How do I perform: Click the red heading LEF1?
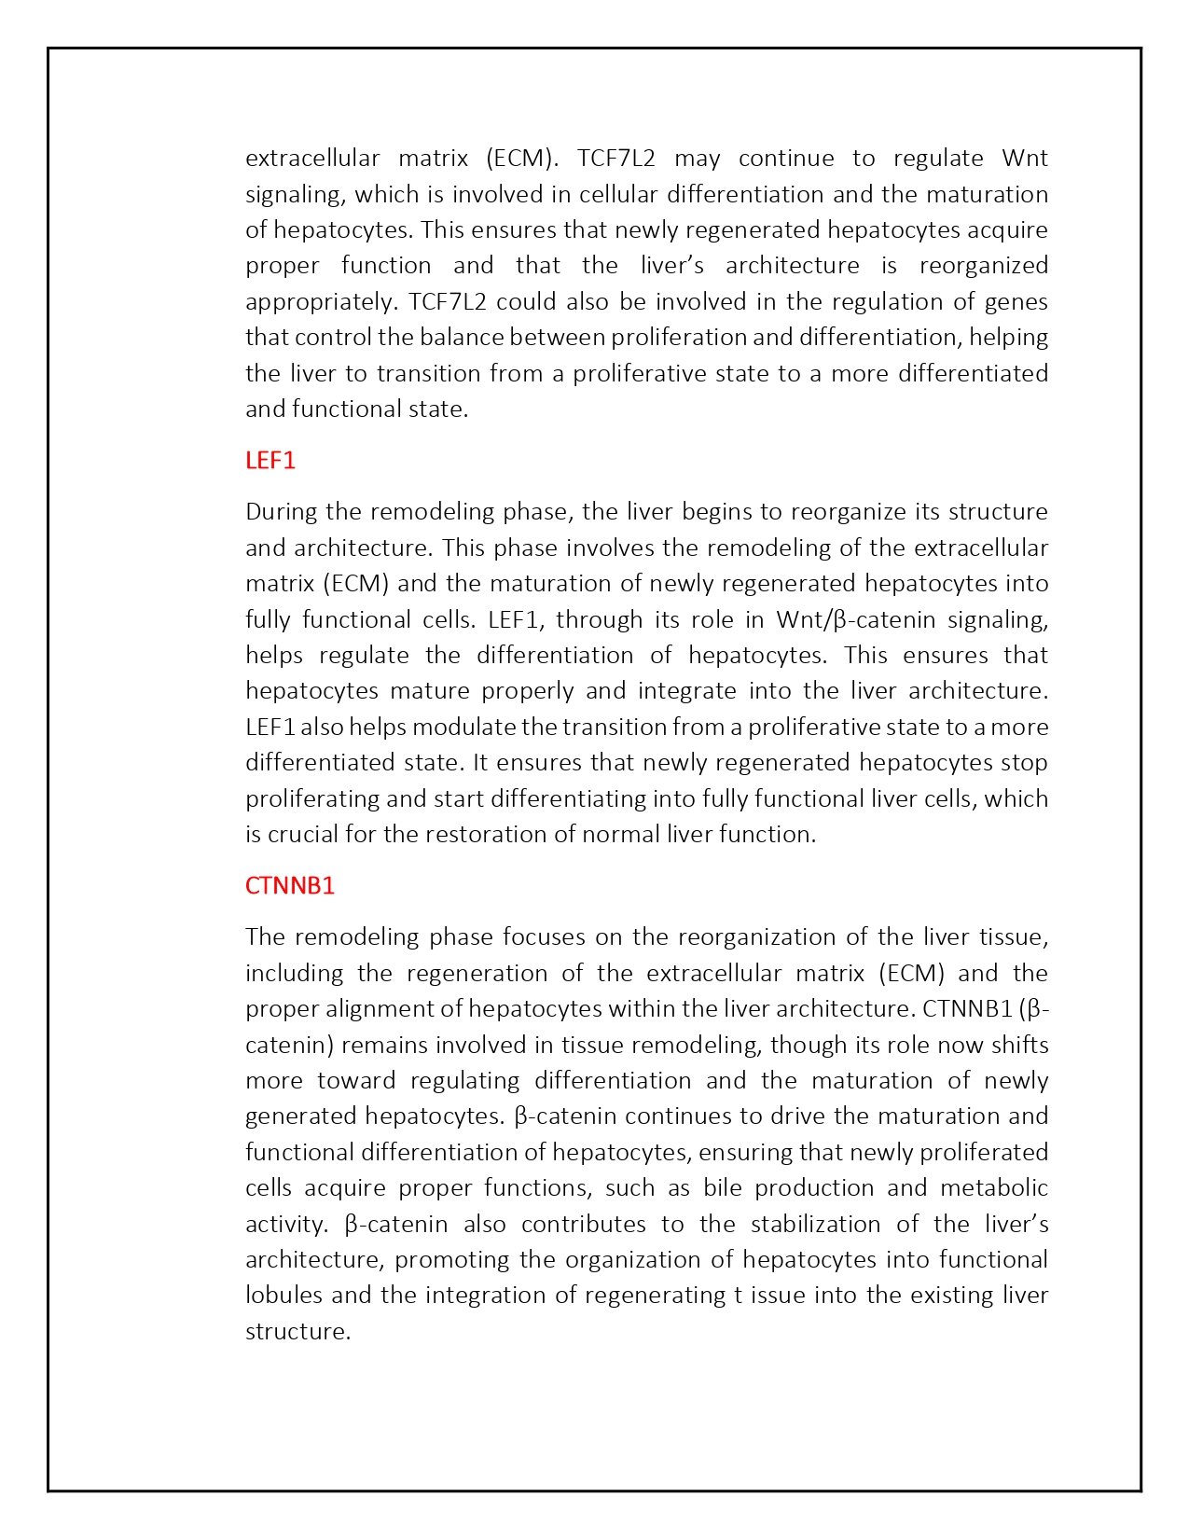pos(270,461)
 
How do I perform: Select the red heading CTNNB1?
pos(290,886)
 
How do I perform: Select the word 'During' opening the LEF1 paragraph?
pos(277,512)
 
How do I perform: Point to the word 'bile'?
pos(722,1188)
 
